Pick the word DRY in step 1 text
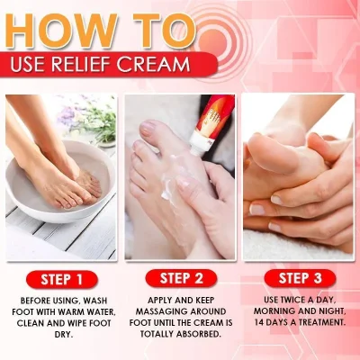59,333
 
